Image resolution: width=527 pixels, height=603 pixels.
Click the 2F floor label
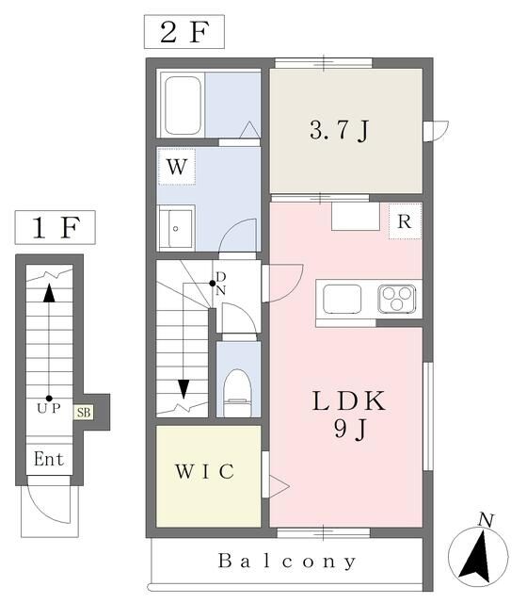184,32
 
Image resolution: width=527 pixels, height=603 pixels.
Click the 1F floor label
56,227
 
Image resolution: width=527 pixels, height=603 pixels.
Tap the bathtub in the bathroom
183,105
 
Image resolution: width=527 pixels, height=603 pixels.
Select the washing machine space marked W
177,167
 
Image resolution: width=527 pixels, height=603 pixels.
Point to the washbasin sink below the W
176,228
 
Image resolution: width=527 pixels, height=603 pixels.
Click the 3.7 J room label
339,130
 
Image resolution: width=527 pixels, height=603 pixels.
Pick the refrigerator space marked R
405,221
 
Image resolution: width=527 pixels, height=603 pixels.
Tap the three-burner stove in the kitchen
397,299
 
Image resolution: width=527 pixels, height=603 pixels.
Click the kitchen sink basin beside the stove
342,299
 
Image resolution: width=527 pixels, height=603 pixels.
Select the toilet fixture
237,392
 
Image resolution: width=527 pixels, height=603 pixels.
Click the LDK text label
349,400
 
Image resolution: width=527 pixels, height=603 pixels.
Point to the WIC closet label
205,471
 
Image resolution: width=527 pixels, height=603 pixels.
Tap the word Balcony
287,562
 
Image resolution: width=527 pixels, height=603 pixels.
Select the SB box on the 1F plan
84,413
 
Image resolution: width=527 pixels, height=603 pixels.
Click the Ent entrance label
49,459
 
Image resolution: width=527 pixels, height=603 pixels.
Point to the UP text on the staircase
49,408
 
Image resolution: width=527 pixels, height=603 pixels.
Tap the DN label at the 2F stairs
220,283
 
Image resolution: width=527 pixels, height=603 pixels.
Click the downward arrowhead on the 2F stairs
184,389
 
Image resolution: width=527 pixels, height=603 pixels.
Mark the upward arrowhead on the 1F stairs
49,293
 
